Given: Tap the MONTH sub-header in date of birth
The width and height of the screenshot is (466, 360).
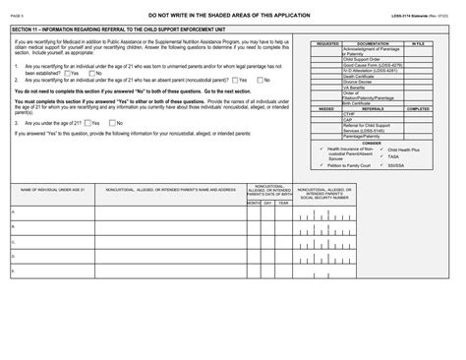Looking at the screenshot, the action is [x=253, y=202].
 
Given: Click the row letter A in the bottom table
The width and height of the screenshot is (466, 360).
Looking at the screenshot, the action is [x=12, y=211].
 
